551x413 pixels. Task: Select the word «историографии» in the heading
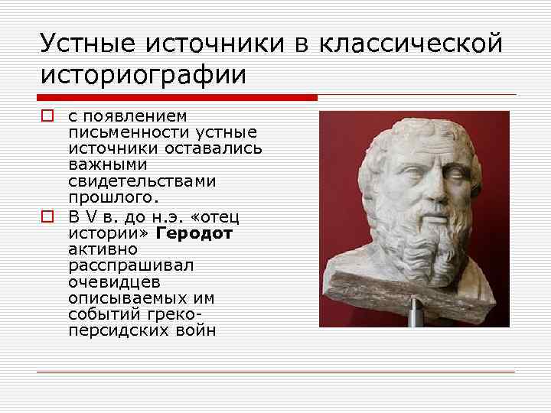tap(144, 75)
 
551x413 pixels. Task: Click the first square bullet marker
tap(47, 116)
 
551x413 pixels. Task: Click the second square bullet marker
tap(47, 216)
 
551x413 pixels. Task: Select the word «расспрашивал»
tap(130, 265)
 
